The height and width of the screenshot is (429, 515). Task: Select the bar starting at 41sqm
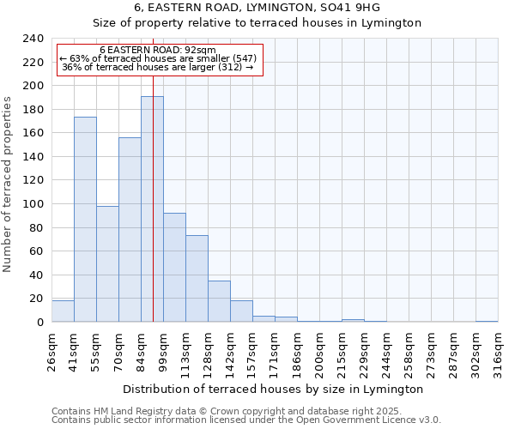[x=85, y=220]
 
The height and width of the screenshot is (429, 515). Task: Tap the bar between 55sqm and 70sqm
[x=107, y=263]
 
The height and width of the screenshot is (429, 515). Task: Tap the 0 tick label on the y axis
[x=40, y=322]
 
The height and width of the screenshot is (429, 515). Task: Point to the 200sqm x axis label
[x=319, y=351]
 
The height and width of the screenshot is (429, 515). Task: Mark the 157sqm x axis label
[x=252, y=351]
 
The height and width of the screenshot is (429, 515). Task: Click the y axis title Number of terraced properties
[x=8, y=184]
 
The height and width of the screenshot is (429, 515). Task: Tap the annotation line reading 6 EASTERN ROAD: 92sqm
[x=158, y=50]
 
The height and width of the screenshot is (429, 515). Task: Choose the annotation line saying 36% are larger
[x=158, y=67]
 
